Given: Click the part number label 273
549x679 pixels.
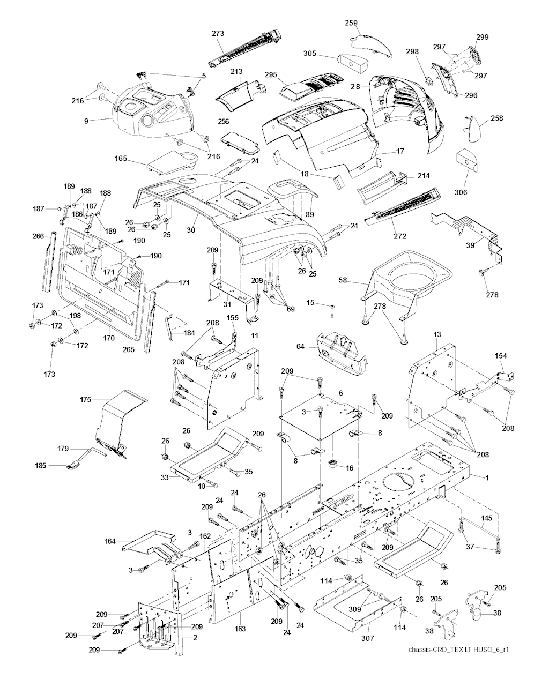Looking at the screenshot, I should tap(217, 33).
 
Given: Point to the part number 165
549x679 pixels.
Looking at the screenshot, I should tap(121, 158).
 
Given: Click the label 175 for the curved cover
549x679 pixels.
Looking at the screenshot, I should tap(85, 400).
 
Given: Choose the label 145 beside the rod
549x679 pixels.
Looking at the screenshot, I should tap(486, 518).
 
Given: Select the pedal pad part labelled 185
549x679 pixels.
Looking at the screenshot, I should tap(73, 466).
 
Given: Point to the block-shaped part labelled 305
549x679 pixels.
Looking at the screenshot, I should tap(353, 63).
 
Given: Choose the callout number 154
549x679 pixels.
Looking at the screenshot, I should tap(501, 356).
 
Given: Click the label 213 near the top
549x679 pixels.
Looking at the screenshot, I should tap(236, 71).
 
